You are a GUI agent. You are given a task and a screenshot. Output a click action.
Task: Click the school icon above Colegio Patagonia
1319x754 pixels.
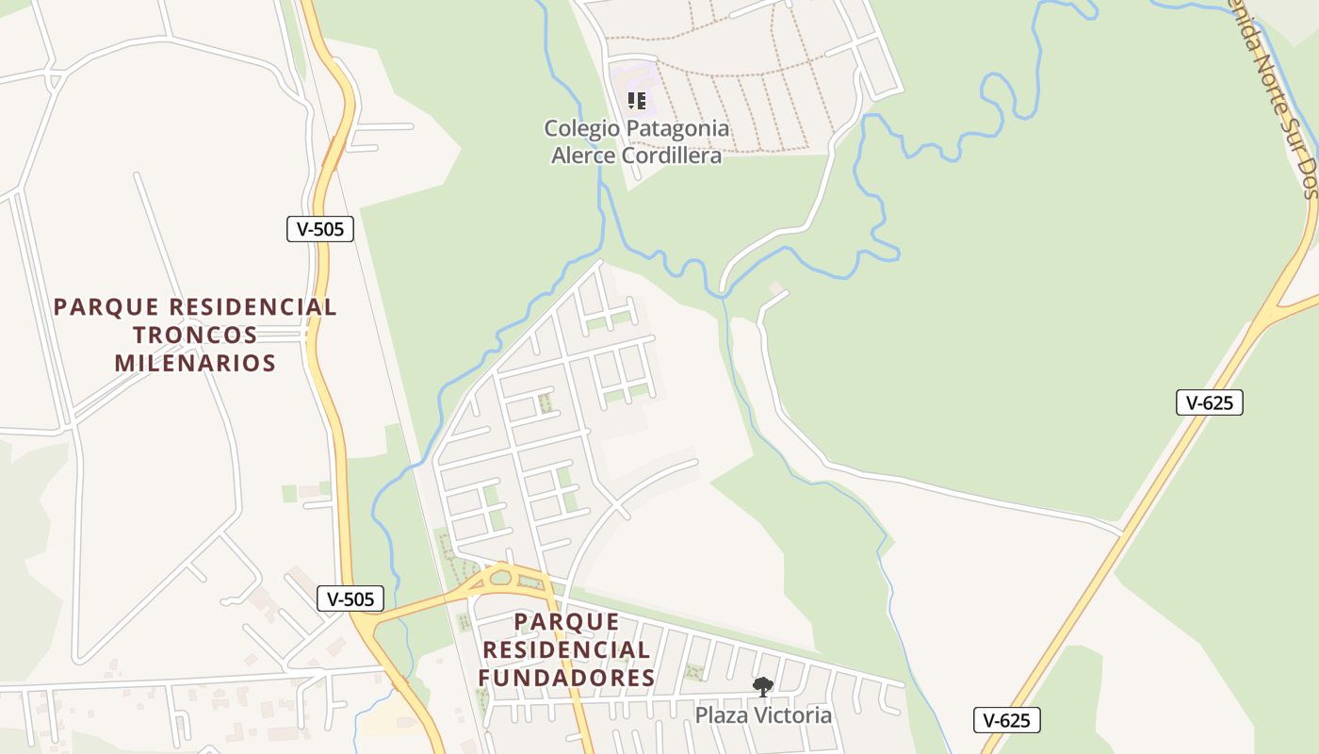click(637, 100)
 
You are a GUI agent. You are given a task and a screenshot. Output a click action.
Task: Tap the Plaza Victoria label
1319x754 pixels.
click(763, 715)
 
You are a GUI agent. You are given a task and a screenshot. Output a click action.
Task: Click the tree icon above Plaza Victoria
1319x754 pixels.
click(762, 687)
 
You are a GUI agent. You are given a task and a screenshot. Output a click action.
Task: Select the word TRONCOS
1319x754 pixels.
click(195, 335)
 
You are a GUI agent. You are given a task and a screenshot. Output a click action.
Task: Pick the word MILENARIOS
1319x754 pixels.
click(195, 363)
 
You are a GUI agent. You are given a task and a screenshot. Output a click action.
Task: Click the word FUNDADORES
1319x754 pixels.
click(566, 678)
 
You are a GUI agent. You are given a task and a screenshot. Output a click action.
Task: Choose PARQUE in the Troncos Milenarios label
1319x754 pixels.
click(95, 307)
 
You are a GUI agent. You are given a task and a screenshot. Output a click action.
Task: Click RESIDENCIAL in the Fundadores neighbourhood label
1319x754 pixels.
click(566, 650)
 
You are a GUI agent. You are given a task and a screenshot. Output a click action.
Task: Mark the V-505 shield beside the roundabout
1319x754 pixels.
click(350, 598)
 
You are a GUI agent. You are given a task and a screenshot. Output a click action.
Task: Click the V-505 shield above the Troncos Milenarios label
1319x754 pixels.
click(320, 228)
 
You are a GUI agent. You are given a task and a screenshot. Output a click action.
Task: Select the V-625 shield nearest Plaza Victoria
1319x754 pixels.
click(1007, 721)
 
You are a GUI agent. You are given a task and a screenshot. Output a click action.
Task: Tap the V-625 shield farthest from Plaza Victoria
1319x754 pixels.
click(1210, 402)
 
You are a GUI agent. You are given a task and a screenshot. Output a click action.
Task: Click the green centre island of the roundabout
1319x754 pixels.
click(500, 577)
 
